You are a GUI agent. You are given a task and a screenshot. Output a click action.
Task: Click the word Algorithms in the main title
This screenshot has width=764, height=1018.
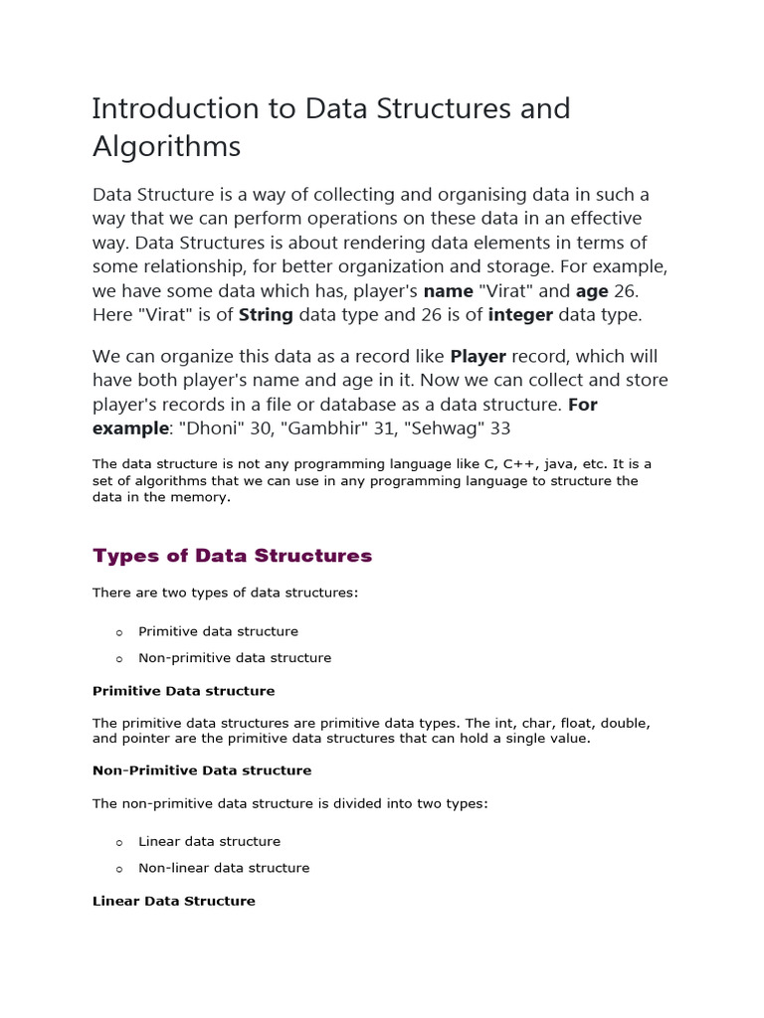(166, 147)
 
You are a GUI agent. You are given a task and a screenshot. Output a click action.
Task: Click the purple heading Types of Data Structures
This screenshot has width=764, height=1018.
(232, 556)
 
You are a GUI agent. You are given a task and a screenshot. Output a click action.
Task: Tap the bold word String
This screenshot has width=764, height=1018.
(266, 315)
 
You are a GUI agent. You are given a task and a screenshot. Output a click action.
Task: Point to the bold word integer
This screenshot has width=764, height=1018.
(517, 315)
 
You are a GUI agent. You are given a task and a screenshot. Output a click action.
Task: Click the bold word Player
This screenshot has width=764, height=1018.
(478, 356)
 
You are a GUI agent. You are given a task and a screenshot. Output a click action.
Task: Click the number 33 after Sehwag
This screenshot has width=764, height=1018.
(499, 428)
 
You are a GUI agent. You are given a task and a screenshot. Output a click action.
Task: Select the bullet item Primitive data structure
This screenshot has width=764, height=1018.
(218, 631)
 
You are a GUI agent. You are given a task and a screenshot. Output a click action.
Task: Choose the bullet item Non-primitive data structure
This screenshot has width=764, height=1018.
(235, 658)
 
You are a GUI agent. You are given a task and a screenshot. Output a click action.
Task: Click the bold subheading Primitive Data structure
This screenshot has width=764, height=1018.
(183, 691)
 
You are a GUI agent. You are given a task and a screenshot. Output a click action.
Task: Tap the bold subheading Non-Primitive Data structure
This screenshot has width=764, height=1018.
(202, 770)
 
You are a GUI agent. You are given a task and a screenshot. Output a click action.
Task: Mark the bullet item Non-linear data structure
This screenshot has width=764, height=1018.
(224, 868)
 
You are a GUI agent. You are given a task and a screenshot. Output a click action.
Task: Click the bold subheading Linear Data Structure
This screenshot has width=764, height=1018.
(173, 901)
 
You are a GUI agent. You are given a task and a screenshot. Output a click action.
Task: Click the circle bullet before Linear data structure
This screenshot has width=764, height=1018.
(118, 842)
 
